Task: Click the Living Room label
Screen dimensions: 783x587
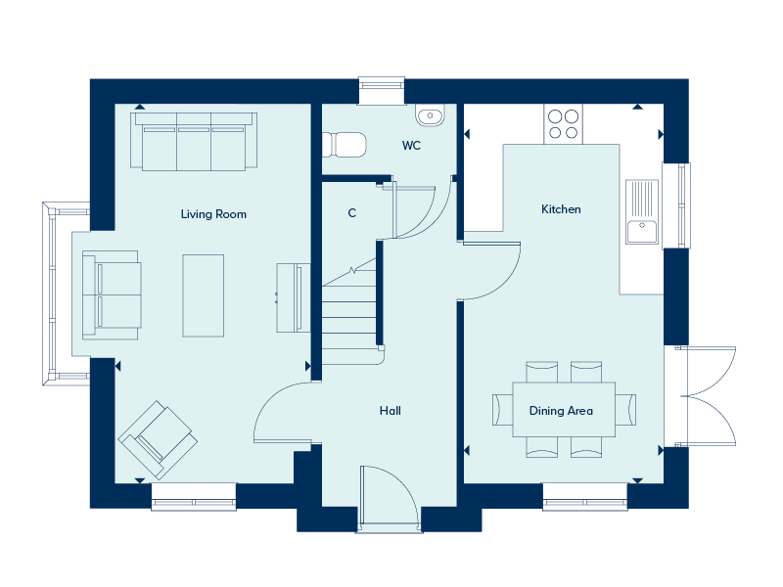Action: tap(213, 214)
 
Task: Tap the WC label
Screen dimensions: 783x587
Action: tap(411, 145)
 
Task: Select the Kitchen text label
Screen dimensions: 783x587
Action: tap(561, 209)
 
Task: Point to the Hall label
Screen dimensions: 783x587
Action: tap(390, 410)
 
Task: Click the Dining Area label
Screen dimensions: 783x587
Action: tap(561, 410)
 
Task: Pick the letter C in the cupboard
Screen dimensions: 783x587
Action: tap(352, 213)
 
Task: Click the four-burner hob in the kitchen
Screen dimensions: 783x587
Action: tap(564, 124)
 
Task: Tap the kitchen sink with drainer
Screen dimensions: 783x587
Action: tap(642, 211)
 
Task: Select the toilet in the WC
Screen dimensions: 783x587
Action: tap(344, 144)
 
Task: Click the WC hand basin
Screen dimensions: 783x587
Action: tap(430, 115)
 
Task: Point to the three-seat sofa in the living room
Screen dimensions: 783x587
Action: tap(194, 141)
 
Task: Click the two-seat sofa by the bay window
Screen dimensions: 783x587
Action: tap(111, 295)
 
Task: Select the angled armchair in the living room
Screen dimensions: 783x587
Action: tap(158, 439)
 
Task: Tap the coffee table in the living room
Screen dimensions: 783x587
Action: tap(204, 295)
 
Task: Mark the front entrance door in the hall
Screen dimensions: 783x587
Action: tap(390, 496)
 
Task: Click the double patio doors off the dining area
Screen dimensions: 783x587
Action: tap(705, 396)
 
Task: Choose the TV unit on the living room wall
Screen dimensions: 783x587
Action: tap(291, 298)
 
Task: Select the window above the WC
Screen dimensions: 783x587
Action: tap(382, 90)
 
